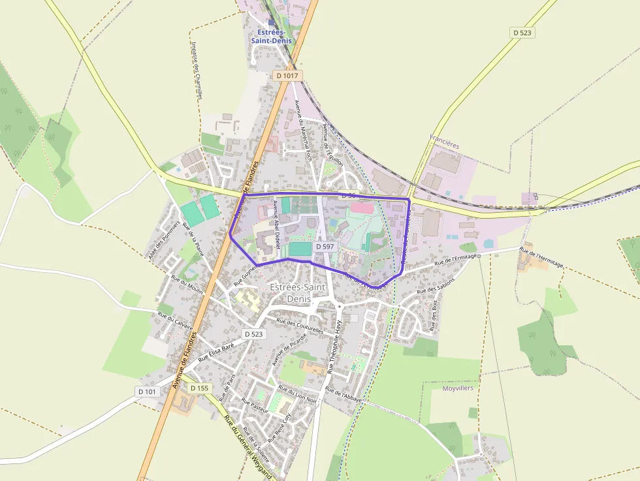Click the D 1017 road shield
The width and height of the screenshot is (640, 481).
pos(287,76)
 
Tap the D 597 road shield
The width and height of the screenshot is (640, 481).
pos(325,247)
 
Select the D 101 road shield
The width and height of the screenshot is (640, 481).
pos(148,392)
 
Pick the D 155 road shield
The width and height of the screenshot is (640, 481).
pos(199,388)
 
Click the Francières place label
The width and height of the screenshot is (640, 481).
pos(445,138)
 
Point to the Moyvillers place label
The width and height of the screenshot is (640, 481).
pos(458,388)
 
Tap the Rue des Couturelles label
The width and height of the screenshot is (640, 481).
pos(300,325)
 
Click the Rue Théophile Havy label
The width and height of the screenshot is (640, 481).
pos(334,346)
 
